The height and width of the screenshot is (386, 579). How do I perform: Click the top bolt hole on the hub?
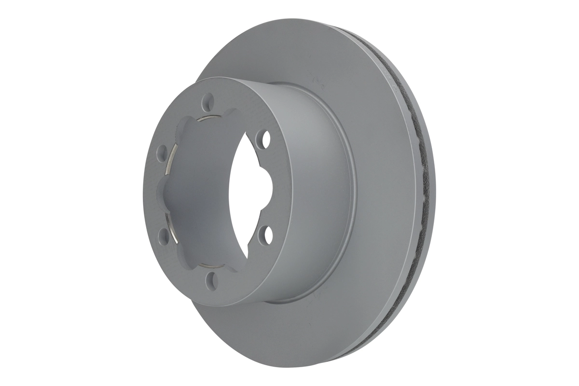pyautogui.click(x=208, y=101)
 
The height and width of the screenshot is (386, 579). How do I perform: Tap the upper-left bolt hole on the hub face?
pyautogui.click(x=162, y=153)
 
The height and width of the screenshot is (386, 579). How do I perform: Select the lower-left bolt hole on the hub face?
pyautogui.click(x=163, y=235)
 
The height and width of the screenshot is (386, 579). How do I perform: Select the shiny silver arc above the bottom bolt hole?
pyautogui.click(x=208, y=265)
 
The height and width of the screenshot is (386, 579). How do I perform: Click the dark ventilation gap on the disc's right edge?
pyautogui.click(x=424, y=193)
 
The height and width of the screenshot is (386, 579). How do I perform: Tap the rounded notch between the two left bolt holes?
pyautogui.click(x=166, y=193)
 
